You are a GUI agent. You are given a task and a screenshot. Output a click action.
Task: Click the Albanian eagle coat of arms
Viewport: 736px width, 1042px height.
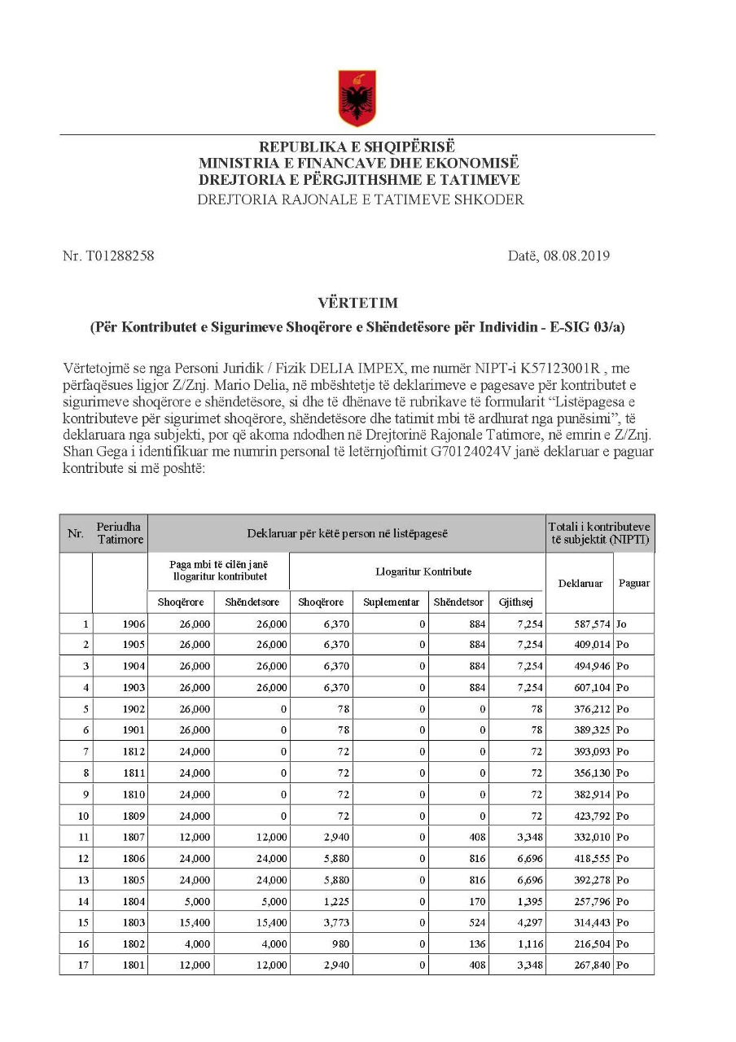357,98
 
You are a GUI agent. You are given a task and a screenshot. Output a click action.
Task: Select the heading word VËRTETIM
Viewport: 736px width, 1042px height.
358,303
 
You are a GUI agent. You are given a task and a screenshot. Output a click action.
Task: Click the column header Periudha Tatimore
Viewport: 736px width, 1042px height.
120,533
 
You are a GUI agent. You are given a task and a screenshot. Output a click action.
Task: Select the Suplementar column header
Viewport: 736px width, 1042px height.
391,602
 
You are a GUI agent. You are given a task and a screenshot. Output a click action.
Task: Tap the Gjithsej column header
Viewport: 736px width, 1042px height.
515,602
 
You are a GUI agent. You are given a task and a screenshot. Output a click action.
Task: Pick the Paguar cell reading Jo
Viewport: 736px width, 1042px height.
623,624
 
